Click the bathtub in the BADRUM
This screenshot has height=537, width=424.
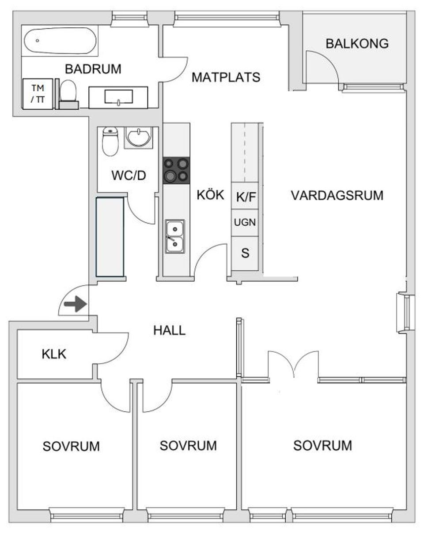click(60, 41)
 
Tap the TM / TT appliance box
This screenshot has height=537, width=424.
click(38, 93)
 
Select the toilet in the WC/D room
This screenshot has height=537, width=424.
click(110, 141)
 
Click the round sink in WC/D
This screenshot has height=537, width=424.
click(139, 137)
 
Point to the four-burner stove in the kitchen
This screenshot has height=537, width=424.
click(176, 171)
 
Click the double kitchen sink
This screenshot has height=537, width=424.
click(175, 236)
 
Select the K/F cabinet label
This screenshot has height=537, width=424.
click(246, 197)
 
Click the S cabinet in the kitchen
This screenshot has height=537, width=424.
click(245, 254)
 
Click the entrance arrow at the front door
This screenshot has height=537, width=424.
click(75, 304)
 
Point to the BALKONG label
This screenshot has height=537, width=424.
click(357, 44)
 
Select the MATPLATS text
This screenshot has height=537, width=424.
click(226, 78)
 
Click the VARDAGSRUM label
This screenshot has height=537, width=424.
click(337, 195)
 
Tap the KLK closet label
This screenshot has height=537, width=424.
click(54, 354)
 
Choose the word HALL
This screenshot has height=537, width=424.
click(169, 330)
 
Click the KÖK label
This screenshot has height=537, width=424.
click(211, 195)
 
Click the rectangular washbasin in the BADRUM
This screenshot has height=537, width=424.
click(118, 97)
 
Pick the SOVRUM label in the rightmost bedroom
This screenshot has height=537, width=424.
click(322, 445)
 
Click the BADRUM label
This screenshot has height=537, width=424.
click(93, 69)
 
